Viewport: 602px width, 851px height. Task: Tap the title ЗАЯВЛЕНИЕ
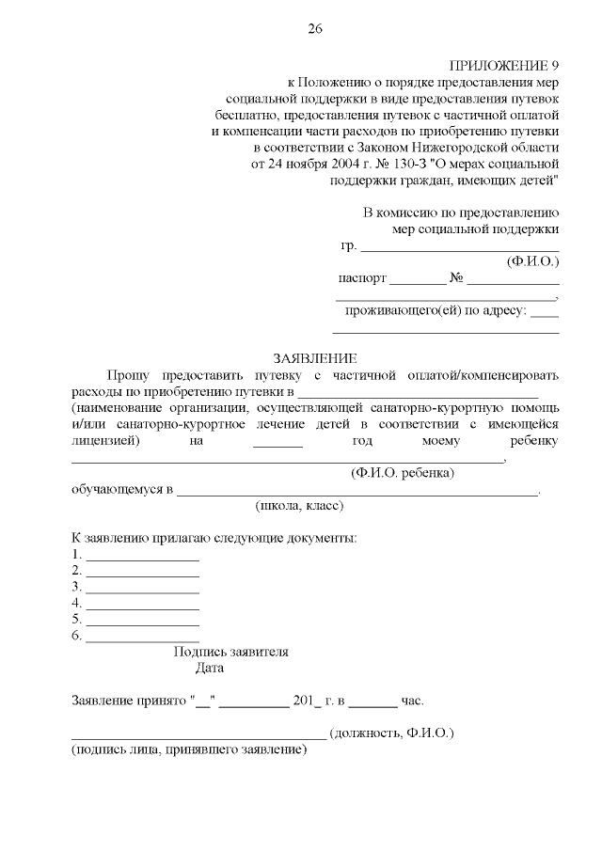314,358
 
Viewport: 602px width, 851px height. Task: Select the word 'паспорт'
362,279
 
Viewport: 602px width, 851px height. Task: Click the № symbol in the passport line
457,279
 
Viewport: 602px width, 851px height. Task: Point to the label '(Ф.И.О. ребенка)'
402,472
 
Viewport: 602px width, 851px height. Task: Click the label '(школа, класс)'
299,506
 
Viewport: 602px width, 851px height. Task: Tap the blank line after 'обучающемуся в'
357,492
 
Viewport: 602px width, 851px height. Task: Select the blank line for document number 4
142,606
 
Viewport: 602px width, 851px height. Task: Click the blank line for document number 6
142,638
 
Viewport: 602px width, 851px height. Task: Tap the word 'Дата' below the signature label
210,669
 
